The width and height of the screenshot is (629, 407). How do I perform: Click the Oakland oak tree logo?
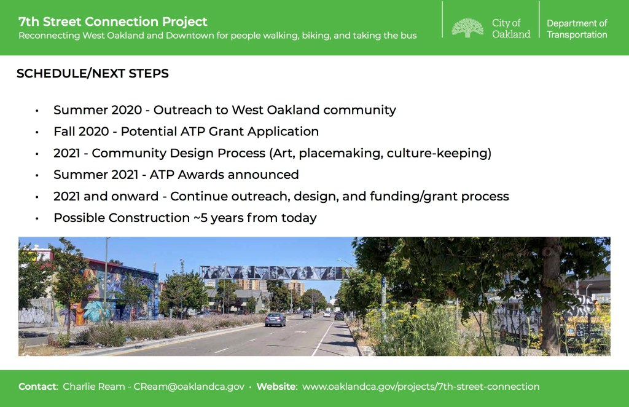click(467, 28)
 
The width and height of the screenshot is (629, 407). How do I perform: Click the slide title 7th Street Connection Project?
click(113, 22)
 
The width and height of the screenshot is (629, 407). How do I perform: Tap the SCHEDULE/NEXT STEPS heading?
click(93, 73)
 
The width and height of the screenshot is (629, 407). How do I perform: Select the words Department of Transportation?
click(577, 29)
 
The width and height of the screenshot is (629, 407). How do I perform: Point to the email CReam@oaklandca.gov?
click(189, 387)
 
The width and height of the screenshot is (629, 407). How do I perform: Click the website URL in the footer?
click(421, 387)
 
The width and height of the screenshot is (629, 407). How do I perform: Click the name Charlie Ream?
click(94, 387)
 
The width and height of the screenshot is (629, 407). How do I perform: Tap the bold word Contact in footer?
click(37, 387)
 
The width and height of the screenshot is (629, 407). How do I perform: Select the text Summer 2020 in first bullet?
click(98, 110)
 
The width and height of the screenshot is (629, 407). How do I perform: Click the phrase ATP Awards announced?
click(224, 175)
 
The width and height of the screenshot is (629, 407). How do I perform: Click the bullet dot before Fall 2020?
click(37, 132)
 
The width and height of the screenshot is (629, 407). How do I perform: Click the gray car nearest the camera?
click(275, 320)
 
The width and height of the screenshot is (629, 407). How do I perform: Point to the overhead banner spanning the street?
click(277, 272)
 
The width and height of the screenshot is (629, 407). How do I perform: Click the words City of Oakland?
click(511, 28)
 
